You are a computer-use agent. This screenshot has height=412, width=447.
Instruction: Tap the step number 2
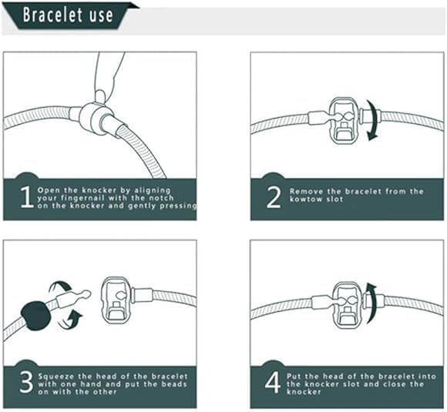click(272, 197)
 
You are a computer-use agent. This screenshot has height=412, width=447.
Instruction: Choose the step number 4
click(272, 381)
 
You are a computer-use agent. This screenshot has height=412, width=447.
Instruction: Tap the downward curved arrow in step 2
click(375, 124)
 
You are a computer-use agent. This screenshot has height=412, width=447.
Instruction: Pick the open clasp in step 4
click(345, 303)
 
